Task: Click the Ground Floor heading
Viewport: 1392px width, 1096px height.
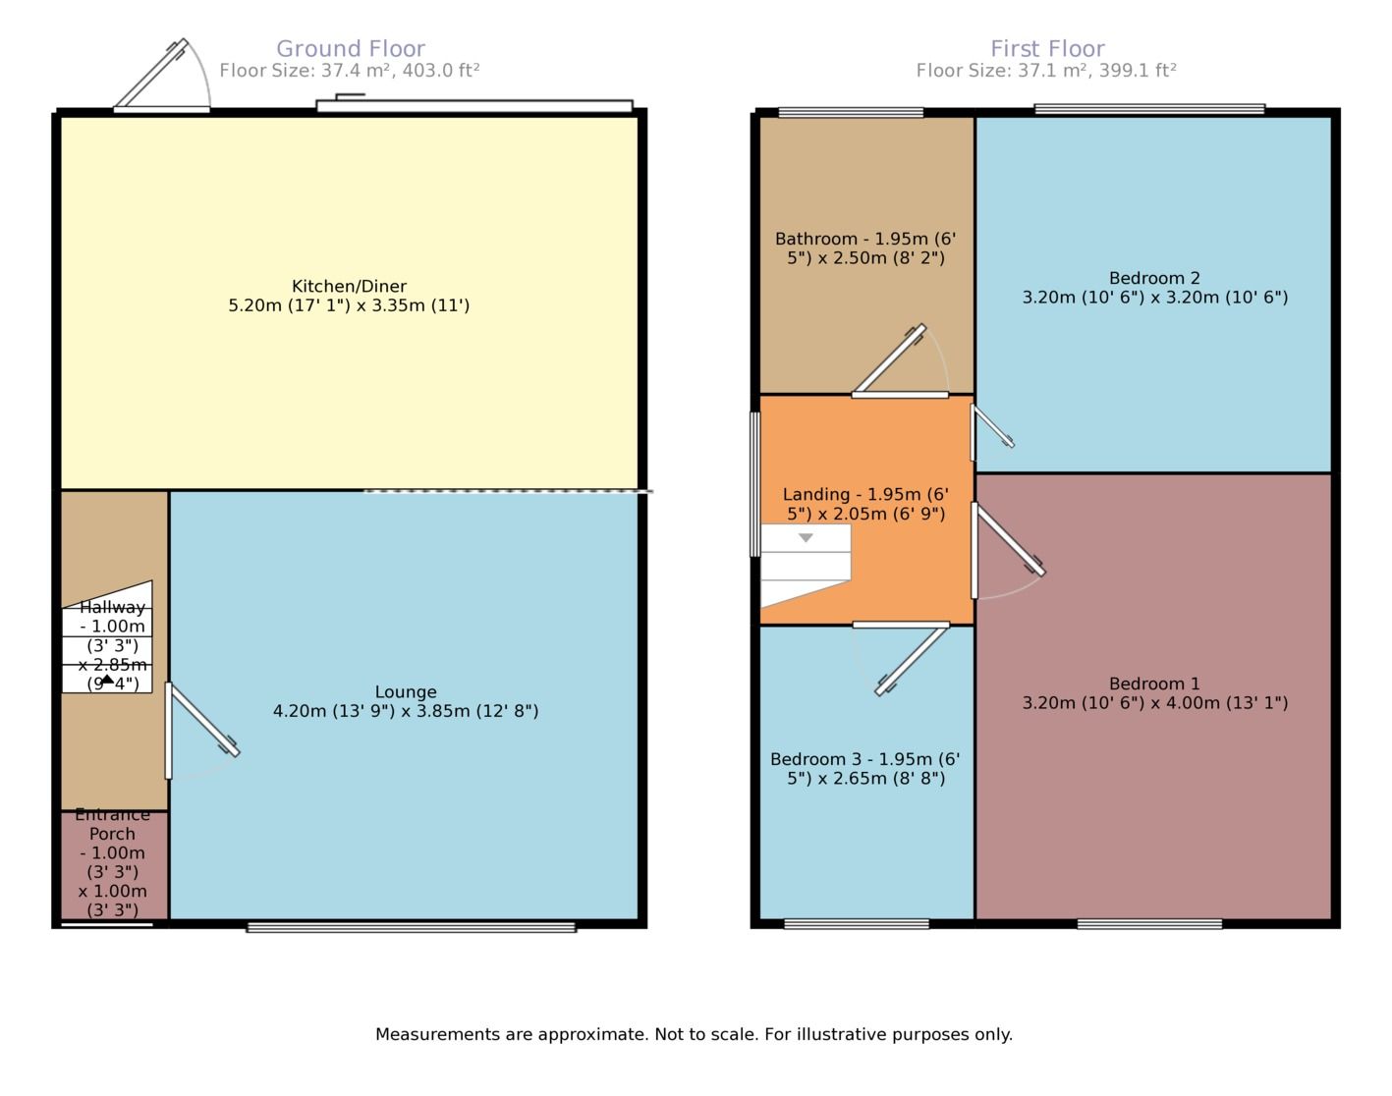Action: click(x=350, y=48)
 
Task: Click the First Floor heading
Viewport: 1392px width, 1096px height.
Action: click(x=1047, y=48)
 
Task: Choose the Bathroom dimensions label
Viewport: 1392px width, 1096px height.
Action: click(x=865, y=248)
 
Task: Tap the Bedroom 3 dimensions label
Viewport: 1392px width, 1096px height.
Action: click(x=865, y=769)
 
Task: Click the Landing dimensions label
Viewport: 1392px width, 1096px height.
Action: click(x=865, y=504)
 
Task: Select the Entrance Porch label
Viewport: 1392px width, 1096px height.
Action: click(x=113, y=852)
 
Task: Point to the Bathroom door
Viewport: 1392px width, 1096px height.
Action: click(x=889, y=360)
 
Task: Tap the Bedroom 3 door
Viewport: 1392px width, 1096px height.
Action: click(x=913, y=659)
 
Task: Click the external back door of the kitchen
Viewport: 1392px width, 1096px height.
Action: click(x=150, y=76)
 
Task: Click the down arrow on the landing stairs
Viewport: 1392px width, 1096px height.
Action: click(x=806, y=538)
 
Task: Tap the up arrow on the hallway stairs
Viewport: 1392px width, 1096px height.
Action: click(x=107, y=679)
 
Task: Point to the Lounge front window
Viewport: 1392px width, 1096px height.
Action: click(x=411, y=926)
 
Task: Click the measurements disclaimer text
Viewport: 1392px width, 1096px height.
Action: click(x=694, y=1034)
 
